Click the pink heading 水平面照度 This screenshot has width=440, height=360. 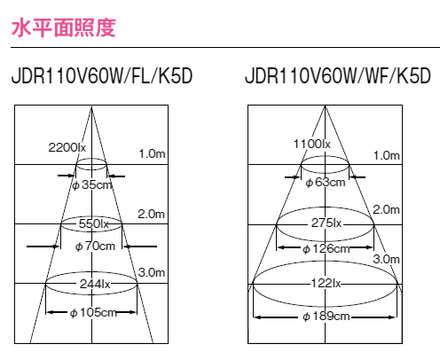[63, 27]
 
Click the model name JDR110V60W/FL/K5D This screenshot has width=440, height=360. [102, 76]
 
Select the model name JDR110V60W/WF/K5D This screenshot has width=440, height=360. [338, 76]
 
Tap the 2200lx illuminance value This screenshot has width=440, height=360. [67, 147]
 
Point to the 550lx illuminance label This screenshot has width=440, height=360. [94, 223]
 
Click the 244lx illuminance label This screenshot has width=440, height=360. [95, 284]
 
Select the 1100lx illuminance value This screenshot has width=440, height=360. [311, 144]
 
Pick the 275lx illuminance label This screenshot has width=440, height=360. [326, 223]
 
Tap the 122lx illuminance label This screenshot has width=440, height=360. [326, 284]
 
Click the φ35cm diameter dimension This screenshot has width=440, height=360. [92, 184]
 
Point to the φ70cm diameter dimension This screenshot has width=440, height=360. [95, 246]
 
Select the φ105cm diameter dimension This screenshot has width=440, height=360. [93, 312]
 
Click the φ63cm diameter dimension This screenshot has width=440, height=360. [326, 182]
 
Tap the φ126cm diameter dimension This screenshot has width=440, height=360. [326, 249]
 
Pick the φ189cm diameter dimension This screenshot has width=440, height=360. [326, 317]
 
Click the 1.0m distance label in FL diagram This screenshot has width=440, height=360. [152, 153]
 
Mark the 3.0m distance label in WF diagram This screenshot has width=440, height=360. [386, 259]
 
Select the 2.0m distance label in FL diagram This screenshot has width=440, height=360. [151, 214]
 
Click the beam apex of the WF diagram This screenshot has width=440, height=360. [325, 106]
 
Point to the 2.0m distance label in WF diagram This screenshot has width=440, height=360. [386, 209]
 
